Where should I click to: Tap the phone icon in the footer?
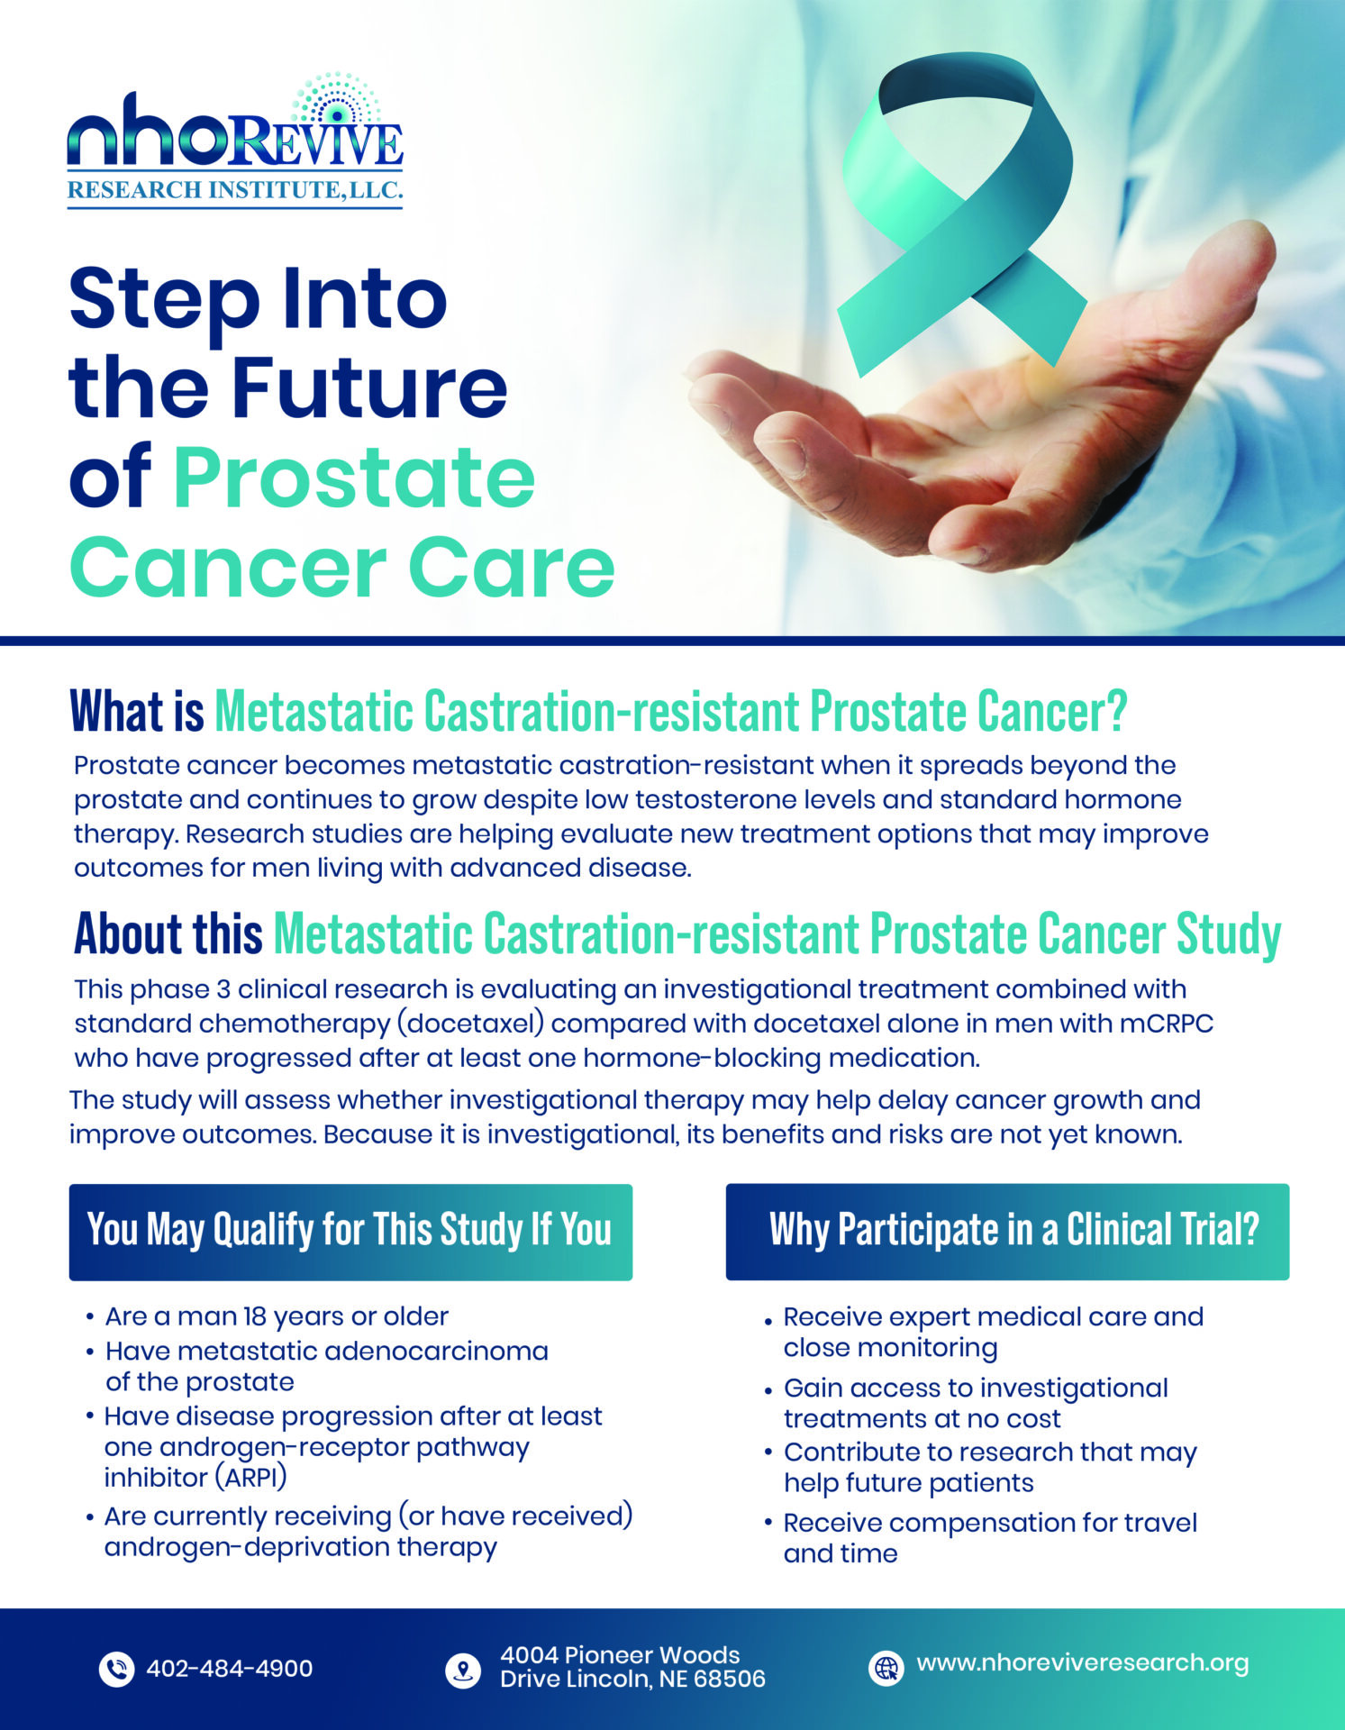click(116, 1669)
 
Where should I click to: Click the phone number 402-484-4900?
click(230, 1669)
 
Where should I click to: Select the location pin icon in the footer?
click(463, 1670)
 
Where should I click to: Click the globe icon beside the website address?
click(886, 1668)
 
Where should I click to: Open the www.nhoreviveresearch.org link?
click(1083, 1663)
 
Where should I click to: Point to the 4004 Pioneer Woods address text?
click(632, 1667)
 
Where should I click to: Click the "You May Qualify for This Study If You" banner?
click(350, 1232)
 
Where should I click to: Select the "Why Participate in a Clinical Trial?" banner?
click(1007, 1232)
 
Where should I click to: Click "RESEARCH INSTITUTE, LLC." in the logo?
click(235, 190)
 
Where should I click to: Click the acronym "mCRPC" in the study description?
click(1167, 1024)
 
